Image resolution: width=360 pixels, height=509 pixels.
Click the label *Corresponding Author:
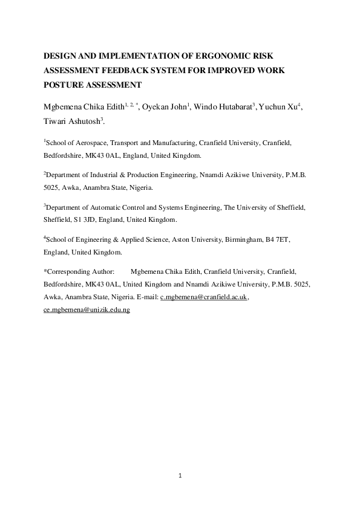[79, 273]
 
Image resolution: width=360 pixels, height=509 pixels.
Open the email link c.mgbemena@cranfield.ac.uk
[204, 297]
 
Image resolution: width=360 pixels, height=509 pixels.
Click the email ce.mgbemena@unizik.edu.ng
[87, 310]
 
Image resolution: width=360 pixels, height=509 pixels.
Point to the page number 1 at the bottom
[180, 476]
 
